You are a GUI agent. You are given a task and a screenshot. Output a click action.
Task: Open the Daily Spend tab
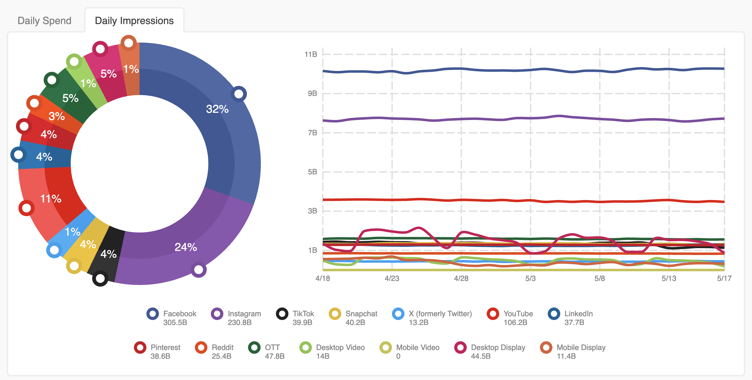(44, 21)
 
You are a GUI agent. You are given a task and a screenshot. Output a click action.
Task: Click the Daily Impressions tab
(134, 21)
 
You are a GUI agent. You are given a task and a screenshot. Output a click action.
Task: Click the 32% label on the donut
(217, 109)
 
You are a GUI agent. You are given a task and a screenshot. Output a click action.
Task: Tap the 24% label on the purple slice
(185, 247)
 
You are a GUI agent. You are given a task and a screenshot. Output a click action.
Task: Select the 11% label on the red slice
(51, 199)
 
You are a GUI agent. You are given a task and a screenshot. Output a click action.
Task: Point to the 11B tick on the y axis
(311, 54)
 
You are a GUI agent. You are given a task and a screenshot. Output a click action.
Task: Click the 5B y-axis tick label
(312, 172)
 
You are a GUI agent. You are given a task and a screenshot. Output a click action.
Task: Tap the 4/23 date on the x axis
(392, 278)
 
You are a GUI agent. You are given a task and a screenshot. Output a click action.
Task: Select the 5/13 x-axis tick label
(669, 278)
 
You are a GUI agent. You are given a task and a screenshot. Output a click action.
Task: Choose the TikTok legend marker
(282, 314)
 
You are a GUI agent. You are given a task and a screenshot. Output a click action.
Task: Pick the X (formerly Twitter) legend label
(440, 314)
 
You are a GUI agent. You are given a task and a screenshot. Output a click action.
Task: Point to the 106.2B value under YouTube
(515, 322)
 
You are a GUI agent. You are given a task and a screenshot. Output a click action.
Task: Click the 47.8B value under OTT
(275, 356)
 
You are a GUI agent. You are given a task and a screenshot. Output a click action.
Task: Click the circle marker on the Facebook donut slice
(239, 94)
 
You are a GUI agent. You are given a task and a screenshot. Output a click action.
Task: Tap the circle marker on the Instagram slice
(199, 269)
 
